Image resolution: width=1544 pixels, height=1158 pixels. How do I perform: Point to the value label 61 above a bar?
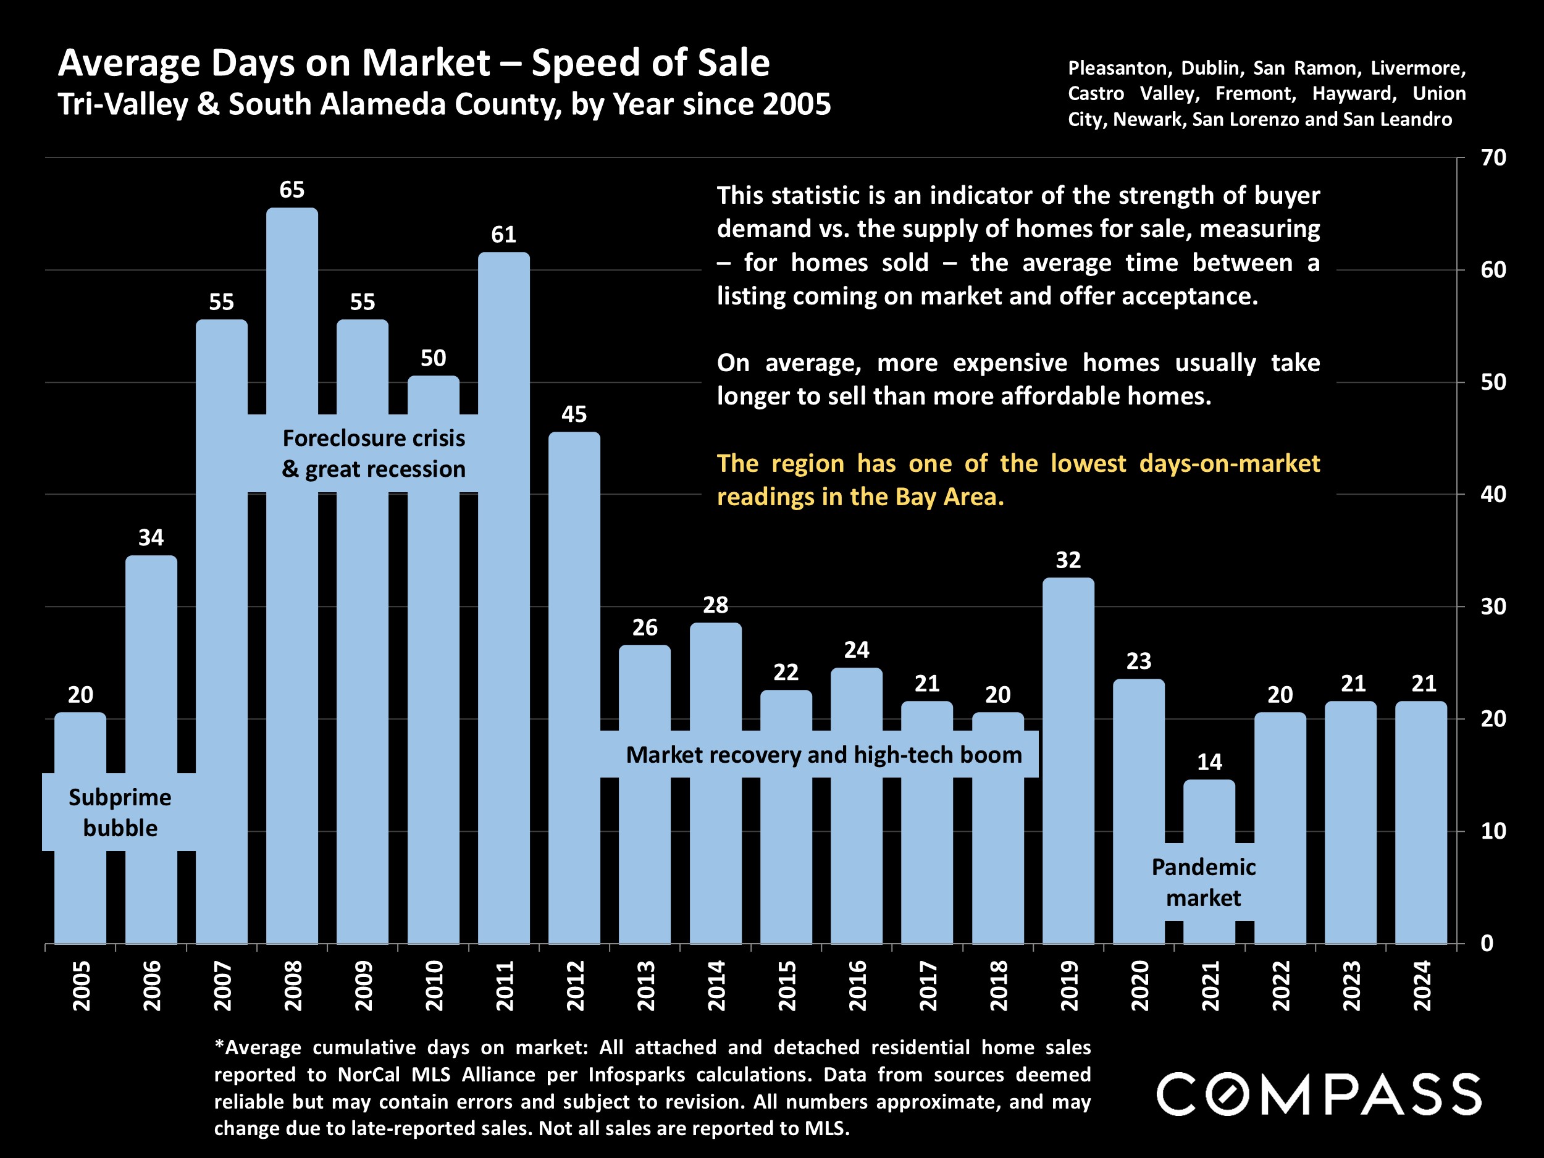point(503,235)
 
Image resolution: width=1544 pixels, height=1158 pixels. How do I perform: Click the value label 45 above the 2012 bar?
point(574,414)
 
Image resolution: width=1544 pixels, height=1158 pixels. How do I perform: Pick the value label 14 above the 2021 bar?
point(1209,762)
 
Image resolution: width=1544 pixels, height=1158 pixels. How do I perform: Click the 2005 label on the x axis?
point(81,986)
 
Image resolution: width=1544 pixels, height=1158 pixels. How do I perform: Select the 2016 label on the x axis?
point(857,986)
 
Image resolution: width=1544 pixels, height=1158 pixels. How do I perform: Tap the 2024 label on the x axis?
point(1422,986)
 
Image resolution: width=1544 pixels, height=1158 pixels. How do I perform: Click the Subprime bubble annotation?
point(119,813)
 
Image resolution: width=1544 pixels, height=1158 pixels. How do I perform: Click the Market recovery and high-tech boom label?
point(824,755)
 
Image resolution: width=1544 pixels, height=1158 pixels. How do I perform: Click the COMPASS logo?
point(1319,1094)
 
